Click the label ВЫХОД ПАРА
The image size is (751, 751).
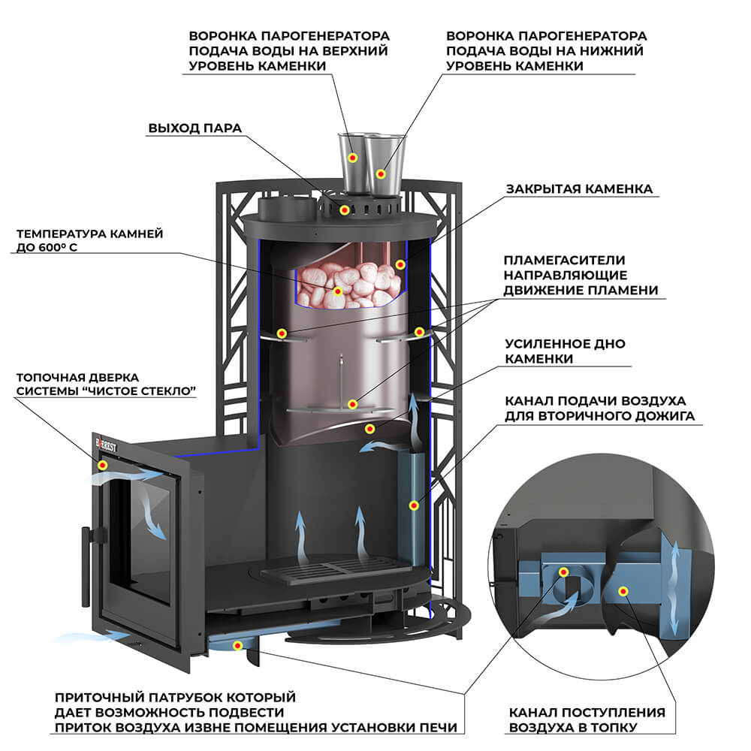(x=195, y=128)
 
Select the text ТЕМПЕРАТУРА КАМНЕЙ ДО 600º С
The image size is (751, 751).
(x=89, y=241)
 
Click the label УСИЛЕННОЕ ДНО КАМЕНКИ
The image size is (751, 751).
(x=565, y=351)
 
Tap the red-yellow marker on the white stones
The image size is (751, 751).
(x=338, y=291)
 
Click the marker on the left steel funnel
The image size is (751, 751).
(x=354, y=158)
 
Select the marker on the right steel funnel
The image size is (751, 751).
(x=382, y=173)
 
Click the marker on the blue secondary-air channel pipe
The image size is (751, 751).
(x=413, y=505)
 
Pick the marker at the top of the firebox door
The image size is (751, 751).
(x=103, y=465)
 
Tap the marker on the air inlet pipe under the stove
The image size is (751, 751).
(x=238, y=644)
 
